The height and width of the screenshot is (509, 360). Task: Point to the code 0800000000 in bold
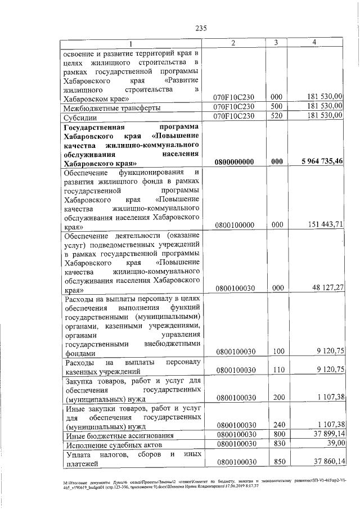pyautogui.click(x=235, y=161)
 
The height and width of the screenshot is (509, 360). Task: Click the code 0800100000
pyautogui.click(x=235, y=225)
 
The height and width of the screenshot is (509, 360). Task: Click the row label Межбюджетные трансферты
pyautogui.click(x=112, y=107)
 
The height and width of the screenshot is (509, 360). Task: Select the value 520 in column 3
pyautogui.click(x=276, y=116)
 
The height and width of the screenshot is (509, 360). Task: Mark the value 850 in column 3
pyautogui.click(x=276, y=462)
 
